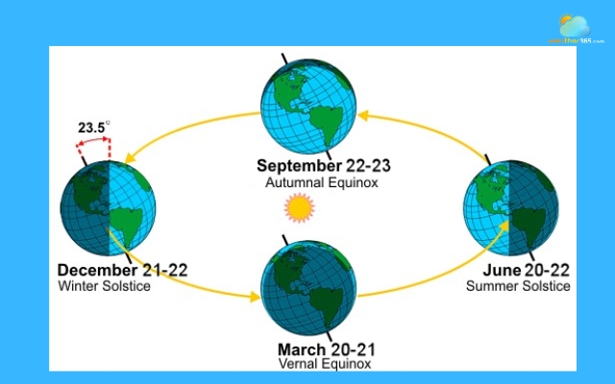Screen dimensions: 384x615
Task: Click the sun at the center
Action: (x=299, y=206)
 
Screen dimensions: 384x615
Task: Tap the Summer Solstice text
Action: (x=518, y=285)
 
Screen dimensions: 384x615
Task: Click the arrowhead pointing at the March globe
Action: (x=254, y=296)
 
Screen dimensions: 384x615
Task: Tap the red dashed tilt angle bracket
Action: (x=93, y=146)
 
